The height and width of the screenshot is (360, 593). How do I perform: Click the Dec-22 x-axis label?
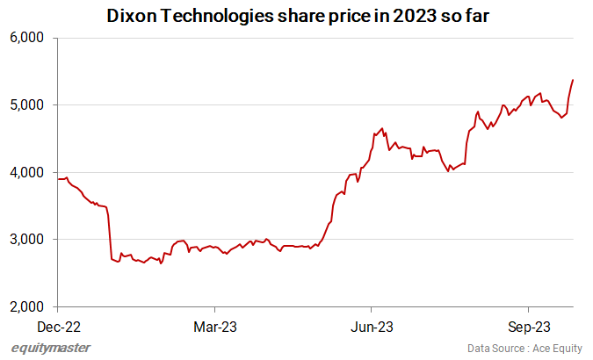tap(57, 327)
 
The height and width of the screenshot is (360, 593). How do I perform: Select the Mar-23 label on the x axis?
tap(214, 327)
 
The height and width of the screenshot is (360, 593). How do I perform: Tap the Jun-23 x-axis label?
tap(372, 327)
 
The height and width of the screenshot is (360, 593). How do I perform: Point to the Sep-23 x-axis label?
tap(528, 327)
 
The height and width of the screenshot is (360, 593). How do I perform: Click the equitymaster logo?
tap(51, 348)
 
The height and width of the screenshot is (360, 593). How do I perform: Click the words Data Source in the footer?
tap(493, 349)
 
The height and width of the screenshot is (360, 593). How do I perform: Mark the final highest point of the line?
tap(574, 80)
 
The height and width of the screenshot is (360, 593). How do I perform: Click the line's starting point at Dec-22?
tap(58, 179)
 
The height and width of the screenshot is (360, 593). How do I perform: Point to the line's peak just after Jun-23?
tap(382, 128)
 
